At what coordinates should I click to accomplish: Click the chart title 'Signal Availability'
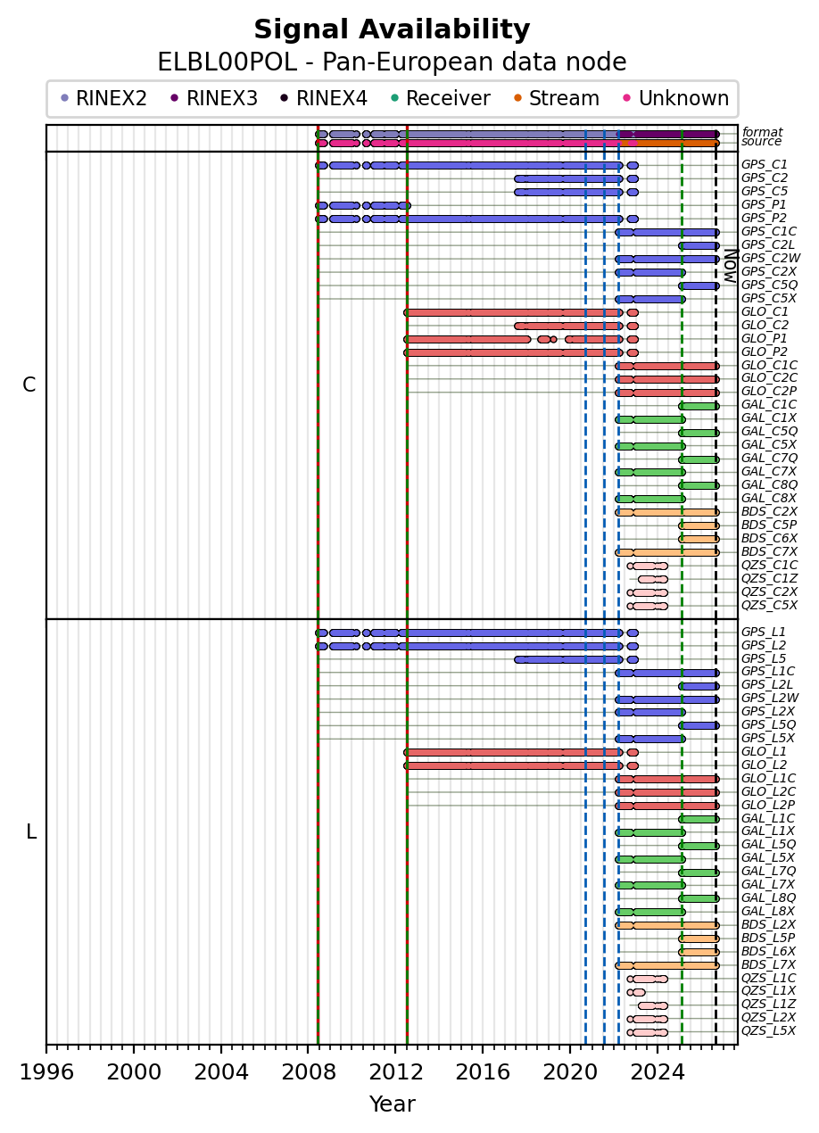(392, 29)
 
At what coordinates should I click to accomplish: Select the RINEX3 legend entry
(214, 98)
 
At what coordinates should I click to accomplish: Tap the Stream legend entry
(557, 98)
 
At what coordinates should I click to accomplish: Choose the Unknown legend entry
(676, 98)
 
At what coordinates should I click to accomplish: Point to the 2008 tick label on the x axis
(309, 1071)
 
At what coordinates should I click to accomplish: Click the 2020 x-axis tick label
(570, 1071)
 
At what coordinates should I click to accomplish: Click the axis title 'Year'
(392, 1104)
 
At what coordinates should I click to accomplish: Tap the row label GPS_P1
(764, 205)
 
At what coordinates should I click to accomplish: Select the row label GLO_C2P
(769, 392)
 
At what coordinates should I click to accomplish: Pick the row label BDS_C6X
(769, 539)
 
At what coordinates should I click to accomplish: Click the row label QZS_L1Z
(768, 1004)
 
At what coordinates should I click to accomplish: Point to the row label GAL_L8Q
(768, 897)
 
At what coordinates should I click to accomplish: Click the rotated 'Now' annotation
(732, 266)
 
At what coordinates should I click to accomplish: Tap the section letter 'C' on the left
(29, 385)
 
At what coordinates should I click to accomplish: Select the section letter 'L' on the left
(31, 831)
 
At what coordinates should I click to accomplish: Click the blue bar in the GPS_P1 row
(363, 206)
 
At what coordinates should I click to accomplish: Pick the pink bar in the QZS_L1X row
(636, 992)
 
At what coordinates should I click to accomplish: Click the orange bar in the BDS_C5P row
(699, 526)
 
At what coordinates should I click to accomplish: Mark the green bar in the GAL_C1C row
(699, 406)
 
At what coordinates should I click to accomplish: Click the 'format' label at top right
(762, 132)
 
